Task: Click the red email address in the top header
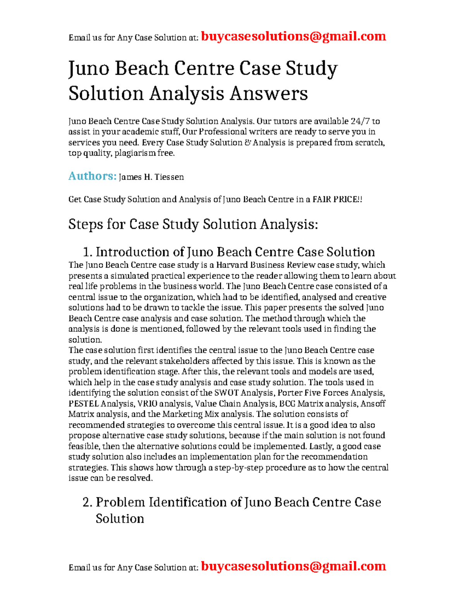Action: [293, 36]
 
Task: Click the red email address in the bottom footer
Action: [293, 566]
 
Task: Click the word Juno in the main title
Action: [88, 69]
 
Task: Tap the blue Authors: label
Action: [92, 176]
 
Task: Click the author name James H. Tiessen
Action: [151, 177]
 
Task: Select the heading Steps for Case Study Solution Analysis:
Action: [193, 224]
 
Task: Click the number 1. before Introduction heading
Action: [88, 252]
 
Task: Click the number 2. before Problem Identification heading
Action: [88, 502]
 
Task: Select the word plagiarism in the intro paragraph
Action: [135, 153]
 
